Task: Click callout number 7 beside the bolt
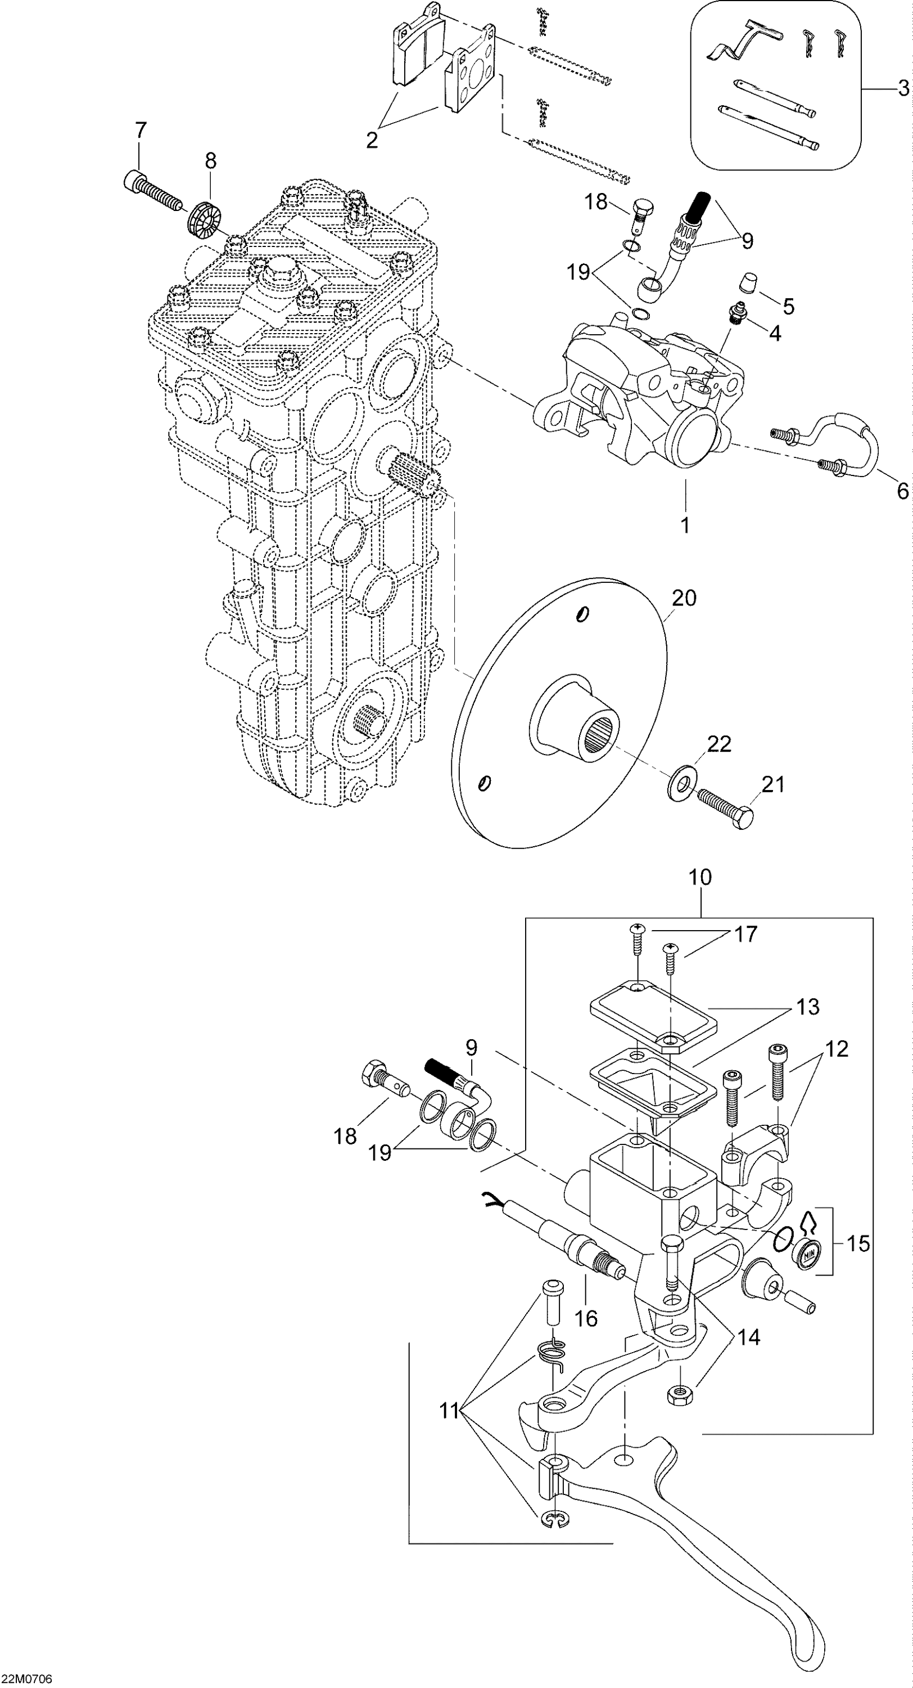coord(140,131)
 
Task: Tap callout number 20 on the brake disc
coord(684,598)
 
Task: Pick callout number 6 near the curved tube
coord(902,491)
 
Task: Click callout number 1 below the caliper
coord(685,525)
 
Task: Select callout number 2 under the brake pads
coord(372,140)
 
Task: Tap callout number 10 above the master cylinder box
coord(700,877)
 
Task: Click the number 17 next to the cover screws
coord(745,934)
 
